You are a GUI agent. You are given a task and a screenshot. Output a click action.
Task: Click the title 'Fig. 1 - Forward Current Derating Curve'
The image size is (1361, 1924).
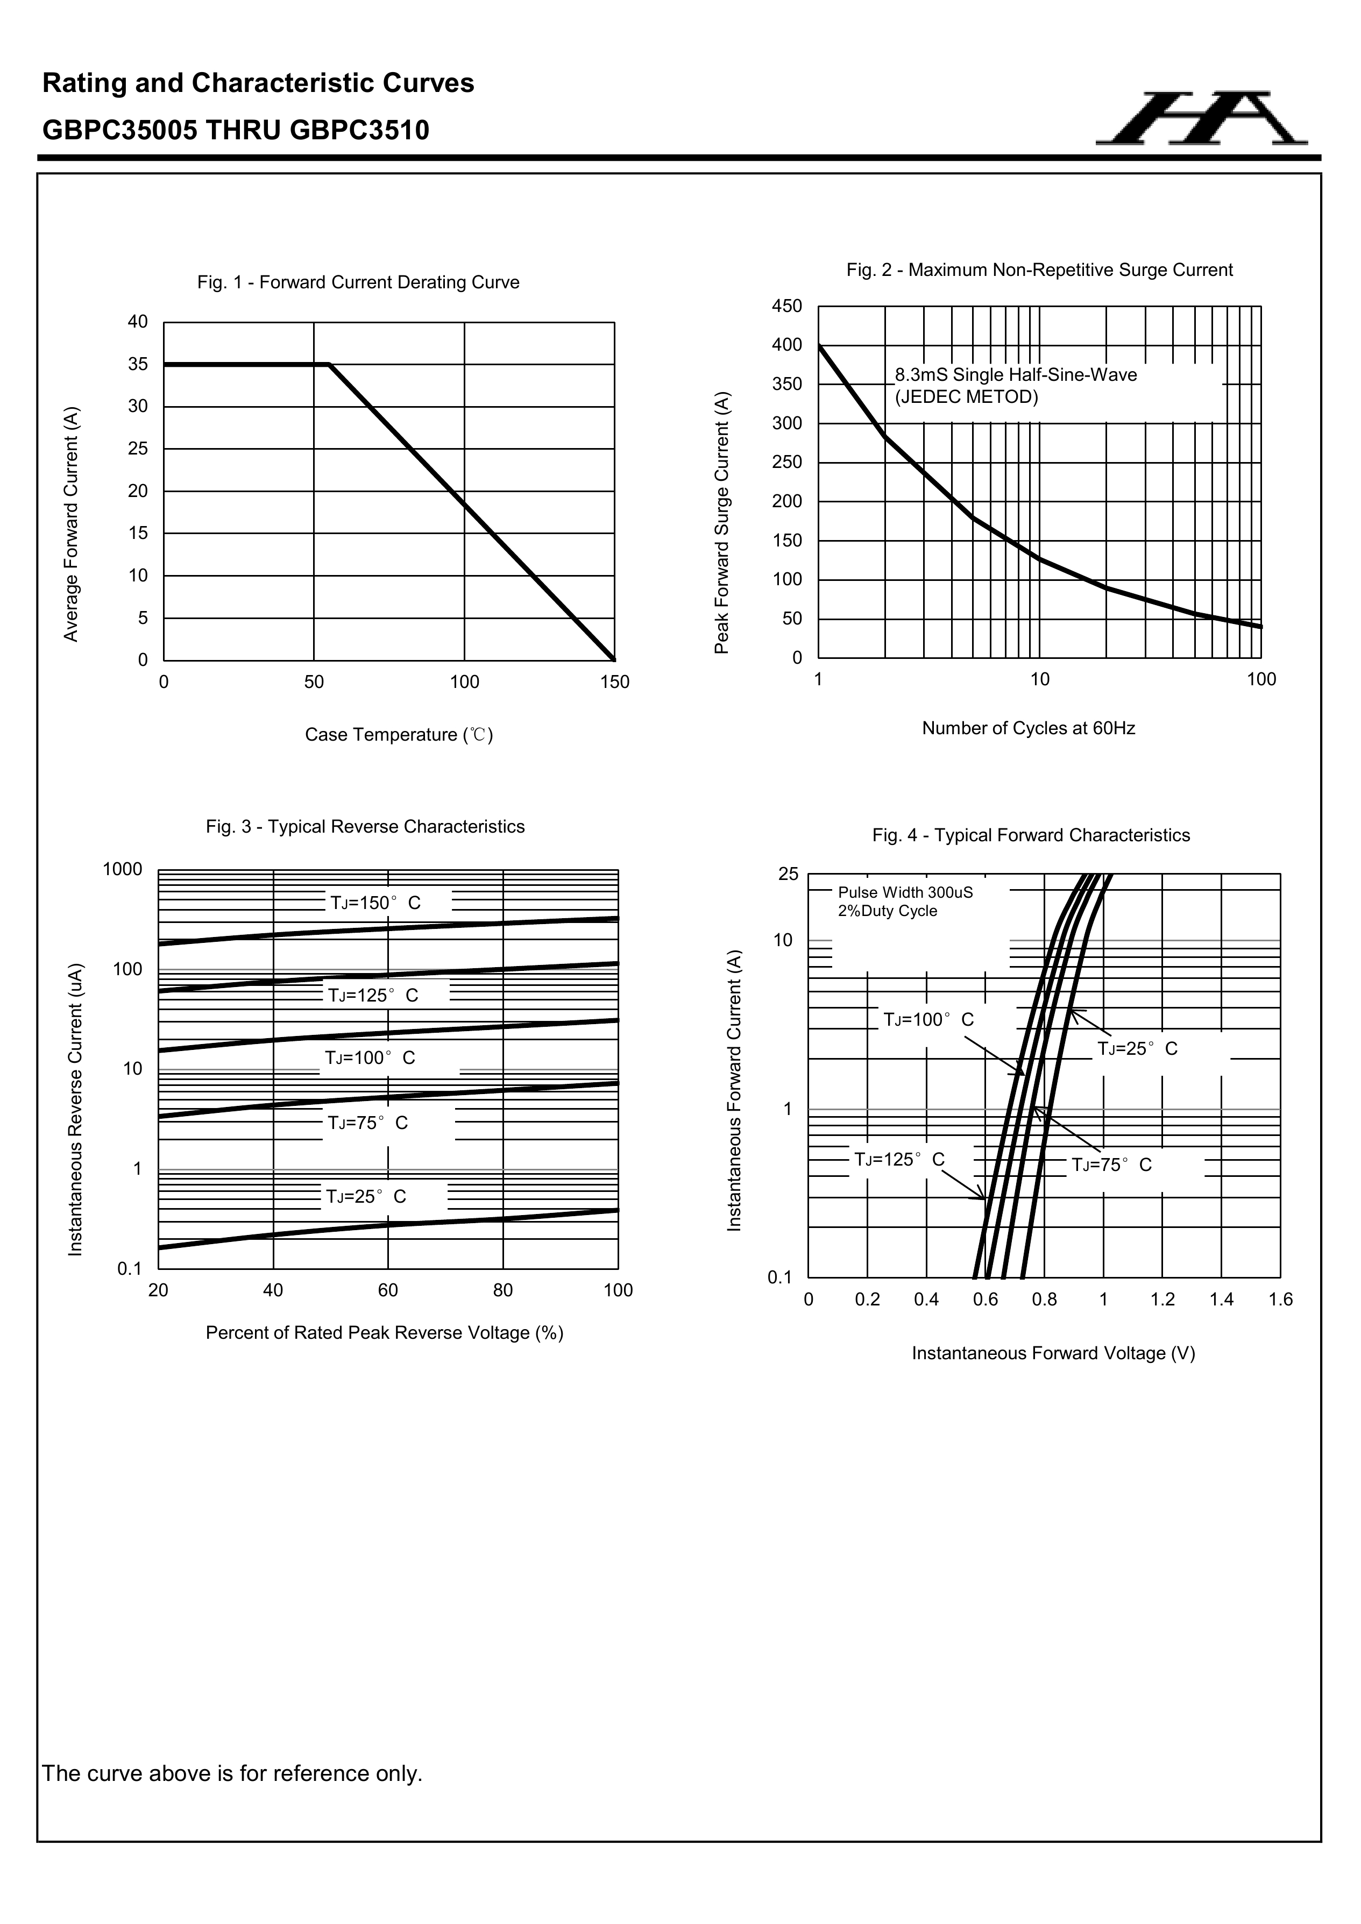click(358, 282)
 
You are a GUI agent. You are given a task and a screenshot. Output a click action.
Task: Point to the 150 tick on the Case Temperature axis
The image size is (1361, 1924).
click(614, 682)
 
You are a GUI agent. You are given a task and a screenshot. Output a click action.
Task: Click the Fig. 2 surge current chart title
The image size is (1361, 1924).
click(1039, 270)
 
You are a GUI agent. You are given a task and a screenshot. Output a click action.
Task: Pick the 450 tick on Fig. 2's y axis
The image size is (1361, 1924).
click(786, 307)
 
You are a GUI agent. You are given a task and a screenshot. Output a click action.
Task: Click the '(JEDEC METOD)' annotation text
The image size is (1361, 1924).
click(966, 397)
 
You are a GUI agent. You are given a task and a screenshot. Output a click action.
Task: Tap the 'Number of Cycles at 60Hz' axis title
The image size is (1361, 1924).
click(1029, 728)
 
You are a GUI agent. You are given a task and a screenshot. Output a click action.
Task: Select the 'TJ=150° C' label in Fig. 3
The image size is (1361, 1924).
click(375, 903)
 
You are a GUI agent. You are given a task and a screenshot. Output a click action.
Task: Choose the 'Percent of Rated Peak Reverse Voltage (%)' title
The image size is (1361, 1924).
click(385, 1332)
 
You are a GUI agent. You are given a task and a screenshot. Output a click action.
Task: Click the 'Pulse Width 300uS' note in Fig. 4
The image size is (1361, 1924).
click(905, 892)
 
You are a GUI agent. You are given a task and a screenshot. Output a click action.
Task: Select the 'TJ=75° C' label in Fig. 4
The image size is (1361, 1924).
click(1111, 1165)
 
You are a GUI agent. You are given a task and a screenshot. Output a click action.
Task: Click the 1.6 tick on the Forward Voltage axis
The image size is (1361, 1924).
click(1280, 1300)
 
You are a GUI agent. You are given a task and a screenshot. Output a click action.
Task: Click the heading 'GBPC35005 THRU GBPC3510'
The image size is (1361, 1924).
click(236, 130)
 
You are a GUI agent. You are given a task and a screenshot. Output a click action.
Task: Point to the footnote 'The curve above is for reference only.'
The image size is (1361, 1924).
click(232, 1773)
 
